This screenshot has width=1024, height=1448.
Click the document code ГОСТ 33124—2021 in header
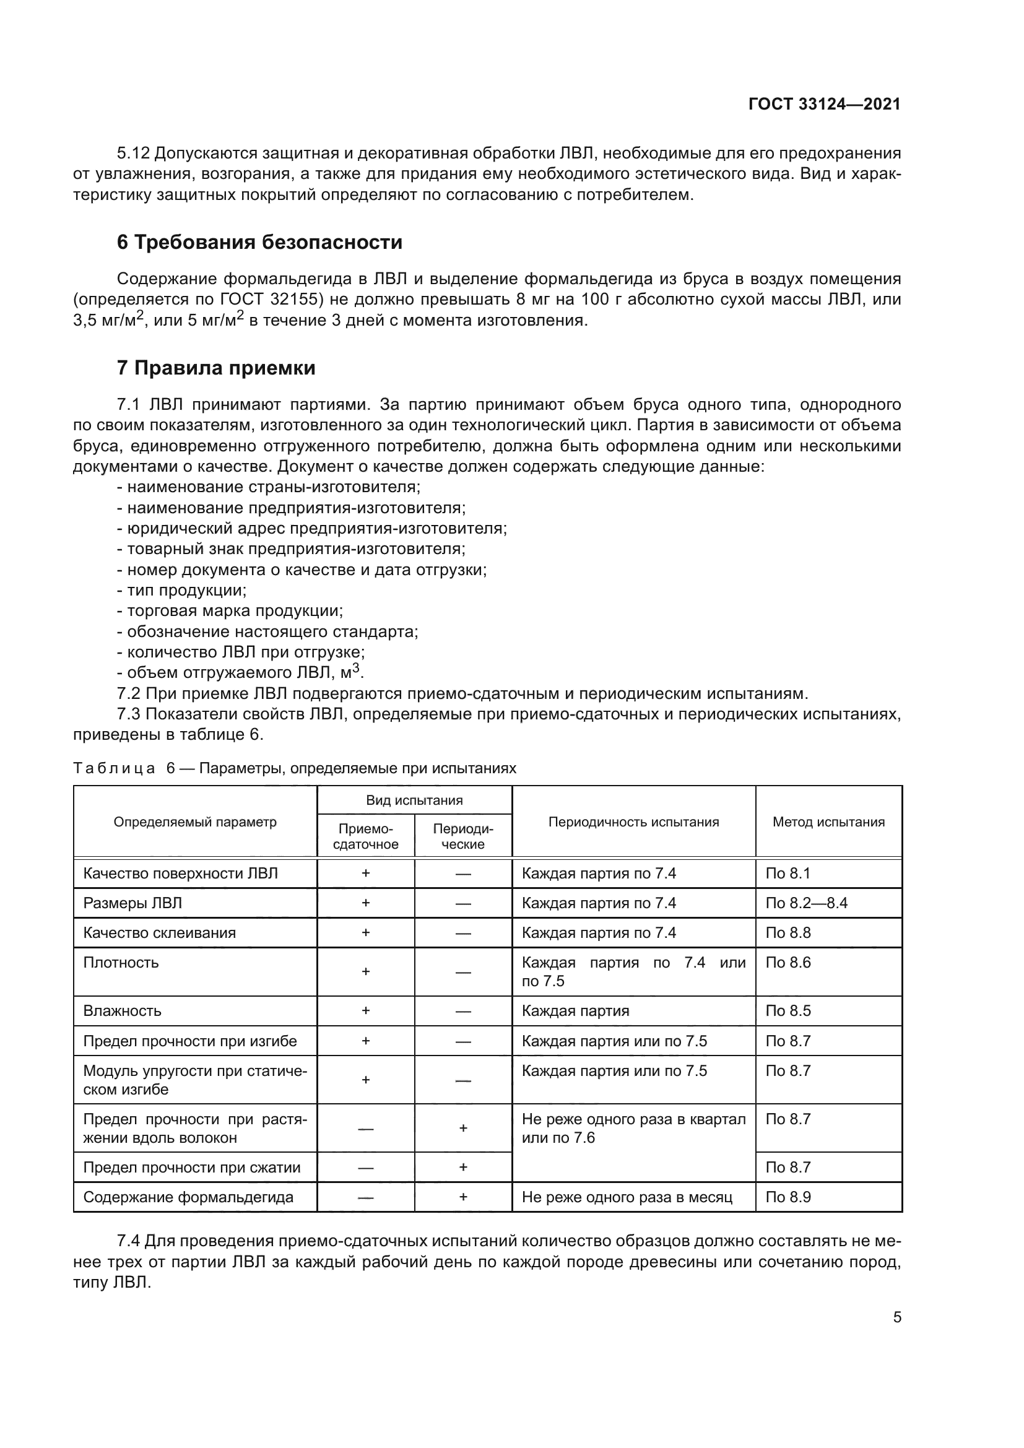pos(824,104)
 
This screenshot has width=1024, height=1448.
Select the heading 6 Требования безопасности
pos(259,242)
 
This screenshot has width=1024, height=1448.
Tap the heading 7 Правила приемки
pos(215,368)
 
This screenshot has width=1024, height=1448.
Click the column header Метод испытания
pos(828,822)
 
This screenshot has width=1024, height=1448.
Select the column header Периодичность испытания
pos(633,822)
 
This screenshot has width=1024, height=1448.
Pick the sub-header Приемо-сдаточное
pos(365,836)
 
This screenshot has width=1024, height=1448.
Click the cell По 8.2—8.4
pos(806,903)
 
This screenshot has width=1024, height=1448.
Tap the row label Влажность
pos(123,1011)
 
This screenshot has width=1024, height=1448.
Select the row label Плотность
pos(121,963)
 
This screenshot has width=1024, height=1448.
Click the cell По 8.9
pos(788,1197)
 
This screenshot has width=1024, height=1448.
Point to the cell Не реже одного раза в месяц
pos(627,1197)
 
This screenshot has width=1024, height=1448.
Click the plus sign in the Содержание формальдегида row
pos(463,1197)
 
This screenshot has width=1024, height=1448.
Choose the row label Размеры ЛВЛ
pos(132,903)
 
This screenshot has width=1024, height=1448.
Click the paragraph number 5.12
pos(134,154)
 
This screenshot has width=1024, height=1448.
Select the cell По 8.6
pos(788,963)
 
